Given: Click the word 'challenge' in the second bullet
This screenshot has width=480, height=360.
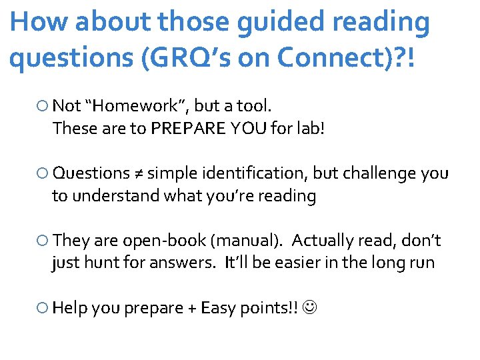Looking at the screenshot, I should pyautogui.click(x=379, y=173).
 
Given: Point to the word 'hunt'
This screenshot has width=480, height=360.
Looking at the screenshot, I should pyautogui.click(x=99, y=263).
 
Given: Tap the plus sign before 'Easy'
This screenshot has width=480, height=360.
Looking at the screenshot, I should pyautogui.click(x=192, y=308).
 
